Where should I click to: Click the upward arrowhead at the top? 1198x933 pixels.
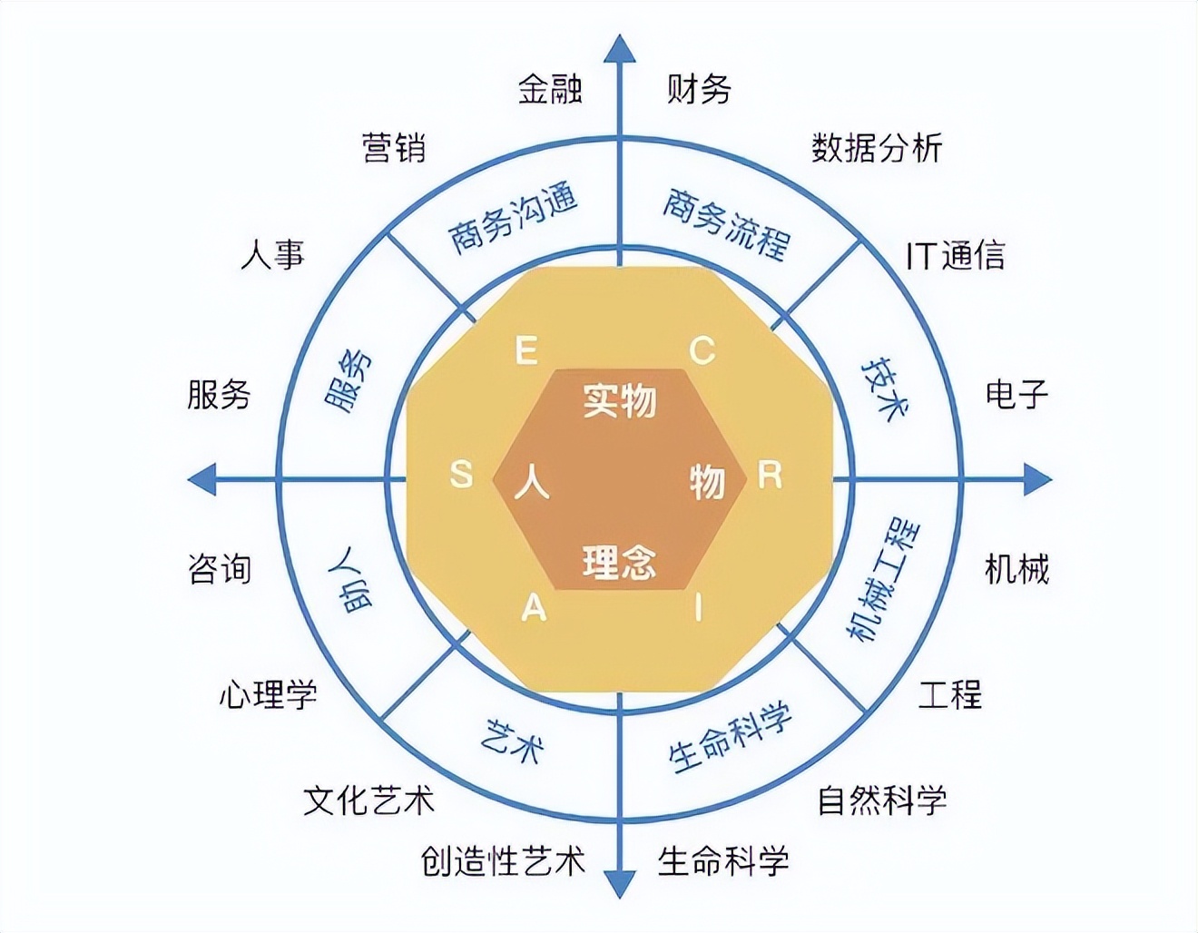[x=620, y=50]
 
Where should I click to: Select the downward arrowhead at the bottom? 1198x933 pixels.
[x=620, y=880]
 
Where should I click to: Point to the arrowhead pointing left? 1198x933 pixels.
[x=202, y=478]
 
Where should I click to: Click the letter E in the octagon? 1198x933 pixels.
[x=526, y=350]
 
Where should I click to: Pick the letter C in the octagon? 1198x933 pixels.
[x=702, y=350]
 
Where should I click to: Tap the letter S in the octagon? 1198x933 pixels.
[x=461, y=474]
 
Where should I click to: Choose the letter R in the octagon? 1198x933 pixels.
[x=770, y=474]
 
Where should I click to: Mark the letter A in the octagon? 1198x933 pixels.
[x=534, y=607]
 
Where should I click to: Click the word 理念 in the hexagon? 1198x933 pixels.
[x=619, y=563]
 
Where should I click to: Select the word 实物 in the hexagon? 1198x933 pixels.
[x=619, y=399]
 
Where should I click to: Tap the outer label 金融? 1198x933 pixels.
[x=550, y=89]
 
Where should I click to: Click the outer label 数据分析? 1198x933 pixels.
[x=877, y=148]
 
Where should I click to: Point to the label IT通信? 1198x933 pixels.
[x=955, y=256]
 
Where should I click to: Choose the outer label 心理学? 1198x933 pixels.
[x=268, y=695]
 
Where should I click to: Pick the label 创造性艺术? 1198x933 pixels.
[x=503, y=860]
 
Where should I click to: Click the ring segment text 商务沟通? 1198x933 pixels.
[x=514, y=221]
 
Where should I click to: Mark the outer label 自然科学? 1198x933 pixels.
[x=882, y=800]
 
